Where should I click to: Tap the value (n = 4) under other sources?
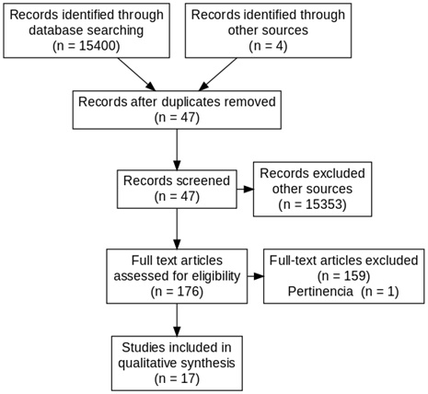pyautogui.click(x=268, y=46)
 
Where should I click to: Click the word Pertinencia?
pyautogui.click(x=320, y=291)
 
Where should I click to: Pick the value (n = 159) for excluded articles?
pyautogui.click(x=343, y=276)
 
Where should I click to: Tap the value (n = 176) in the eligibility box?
pyautogui.click(x=177, y=291)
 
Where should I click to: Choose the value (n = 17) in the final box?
pyautogui.click(x=177, y=378)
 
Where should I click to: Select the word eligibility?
pyautogui.click(x=216, y=276)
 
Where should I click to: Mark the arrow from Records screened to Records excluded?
pyautogui.click(x=245, y=189)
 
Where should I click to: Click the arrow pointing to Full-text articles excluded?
pyautogui.click(x=256, y=276)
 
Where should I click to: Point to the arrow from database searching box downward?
pyautogui.click(x=137, y=75)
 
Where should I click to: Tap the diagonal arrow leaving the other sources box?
pyautogui.click(x=218, y=75)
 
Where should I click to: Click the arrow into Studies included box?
pyautogui.click(x=177, y=319)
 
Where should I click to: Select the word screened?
pyautogui.click(x=203, y=180)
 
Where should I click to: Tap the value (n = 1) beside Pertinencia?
pyautogui.click(x=380, y=291)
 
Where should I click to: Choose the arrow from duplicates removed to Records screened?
pyautogui.click(x=177, y=149)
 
